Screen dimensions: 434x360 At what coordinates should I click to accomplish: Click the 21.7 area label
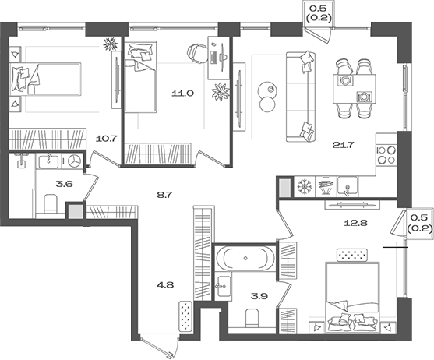(344, 145)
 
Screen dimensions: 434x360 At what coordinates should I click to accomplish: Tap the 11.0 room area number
(182, 94)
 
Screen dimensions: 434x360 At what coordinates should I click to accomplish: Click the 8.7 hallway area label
(164, 195)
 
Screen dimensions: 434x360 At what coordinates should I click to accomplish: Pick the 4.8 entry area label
(166, 284)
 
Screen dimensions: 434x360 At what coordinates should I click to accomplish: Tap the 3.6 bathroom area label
(64, 184)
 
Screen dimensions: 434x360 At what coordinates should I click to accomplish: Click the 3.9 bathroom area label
(259, 297)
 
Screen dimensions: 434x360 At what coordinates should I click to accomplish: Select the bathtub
(245, 259)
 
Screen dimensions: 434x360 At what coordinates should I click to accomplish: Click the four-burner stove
(387, 155)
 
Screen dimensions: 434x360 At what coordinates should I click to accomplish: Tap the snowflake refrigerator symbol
(305, 187)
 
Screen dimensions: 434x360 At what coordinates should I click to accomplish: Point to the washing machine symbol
(73, 161)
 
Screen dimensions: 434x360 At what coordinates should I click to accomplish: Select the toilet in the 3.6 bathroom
(51, 204)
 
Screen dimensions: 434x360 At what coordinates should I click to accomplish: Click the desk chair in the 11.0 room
(196, 52)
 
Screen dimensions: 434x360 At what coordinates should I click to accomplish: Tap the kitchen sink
(348, 186)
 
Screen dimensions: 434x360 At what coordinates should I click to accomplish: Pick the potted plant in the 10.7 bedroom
(111, 44)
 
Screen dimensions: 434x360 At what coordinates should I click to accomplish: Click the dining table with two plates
(355, 89)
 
